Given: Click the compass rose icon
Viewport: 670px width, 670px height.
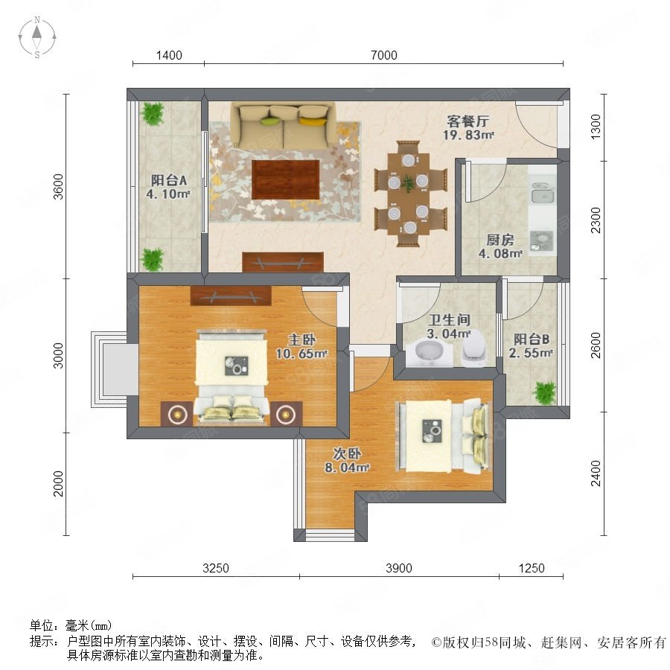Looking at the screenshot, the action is coord(37,37).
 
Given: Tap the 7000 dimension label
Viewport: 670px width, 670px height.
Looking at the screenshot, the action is coord(383,55).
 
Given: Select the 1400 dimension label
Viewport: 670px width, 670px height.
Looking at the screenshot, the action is coord(169,55).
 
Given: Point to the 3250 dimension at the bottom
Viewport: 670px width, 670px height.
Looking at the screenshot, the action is coord(215,568).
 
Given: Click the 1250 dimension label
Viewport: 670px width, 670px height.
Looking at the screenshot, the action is coord(531,568).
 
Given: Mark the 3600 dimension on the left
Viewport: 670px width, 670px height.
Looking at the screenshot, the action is coord(58,186).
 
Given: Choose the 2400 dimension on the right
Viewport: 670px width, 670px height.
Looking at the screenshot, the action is coord(596,473).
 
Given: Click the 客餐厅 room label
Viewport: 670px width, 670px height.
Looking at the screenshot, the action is coord(468,121).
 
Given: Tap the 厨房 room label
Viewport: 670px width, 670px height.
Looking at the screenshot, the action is coord(500,240).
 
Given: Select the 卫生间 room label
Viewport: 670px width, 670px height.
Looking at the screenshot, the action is coord(449,319).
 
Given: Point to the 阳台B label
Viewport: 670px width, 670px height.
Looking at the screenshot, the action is coord(531,339).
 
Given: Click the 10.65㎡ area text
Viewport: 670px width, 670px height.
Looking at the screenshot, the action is coord(301,354).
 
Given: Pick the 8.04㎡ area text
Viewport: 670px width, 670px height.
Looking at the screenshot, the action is coord(347,468).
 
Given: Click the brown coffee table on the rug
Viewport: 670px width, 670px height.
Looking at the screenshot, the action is coord(285,179).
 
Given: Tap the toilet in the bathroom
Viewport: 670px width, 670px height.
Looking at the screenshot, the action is coord(473,349).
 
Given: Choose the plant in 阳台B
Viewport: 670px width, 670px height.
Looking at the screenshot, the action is coord(544,392).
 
